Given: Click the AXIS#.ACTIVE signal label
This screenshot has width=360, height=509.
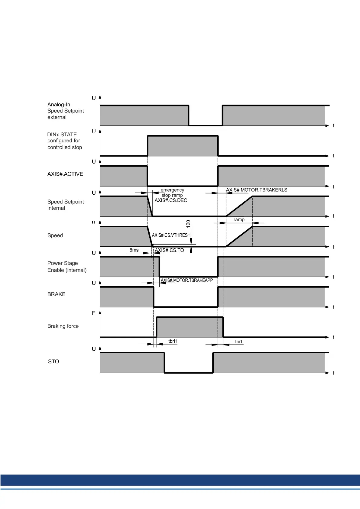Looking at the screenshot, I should (65, 174).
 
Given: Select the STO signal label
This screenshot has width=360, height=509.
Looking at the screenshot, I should (54, 361).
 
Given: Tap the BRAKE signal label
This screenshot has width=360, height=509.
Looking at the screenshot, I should (56, 294).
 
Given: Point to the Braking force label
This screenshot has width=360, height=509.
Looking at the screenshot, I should (63, 326).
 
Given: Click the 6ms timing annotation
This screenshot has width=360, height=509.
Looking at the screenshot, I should (134, 250).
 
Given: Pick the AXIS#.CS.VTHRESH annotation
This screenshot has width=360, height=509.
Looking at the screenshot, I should (171, 235).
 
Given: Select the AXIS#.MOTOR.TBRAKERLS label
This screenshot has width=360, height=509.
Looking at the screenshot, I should (257, 190).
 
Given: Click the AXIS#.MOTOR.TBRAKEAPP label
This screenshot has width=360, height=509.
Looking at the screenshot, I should (187, 280).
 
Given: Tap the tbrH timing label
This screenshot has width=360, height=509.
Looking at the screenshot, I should (173, 341).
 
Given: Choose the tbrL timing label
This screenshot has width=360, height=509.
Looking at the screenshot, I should (239, 342).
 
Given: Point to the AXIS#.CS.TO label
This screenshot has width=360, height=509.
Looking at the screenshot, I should (169, 250).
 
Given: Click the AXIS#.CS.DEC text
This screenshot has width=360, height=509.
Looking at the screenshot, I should (171, 200).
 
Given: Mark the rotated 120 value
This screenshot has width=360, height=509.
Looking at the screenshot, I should (188, 224).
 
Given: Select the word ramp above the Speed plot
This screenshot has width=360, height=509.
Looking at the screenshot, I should (239, 220).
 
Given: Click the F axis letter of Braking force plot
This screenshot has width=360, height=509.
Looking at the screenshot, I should (93, 313).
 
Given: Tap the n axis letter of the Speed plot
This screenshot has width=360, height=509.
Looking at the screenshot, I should (93, 222).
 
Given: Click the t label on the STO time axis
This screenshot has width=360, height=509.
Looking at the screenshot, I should (333, 373).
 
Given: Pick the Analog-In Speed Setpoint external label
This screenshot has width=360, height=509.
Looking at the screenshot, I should (65, 111).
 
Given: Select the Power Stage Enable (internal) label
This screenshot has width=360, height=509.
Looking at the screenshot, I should (67, 267).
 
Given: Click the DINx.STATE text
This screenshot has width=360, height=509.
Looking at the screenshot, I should (62, 135).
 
